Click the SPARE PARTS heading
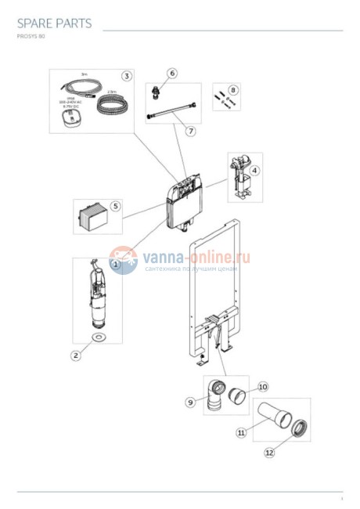tap(53, 23)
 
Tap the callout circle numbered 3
tap(125, 76)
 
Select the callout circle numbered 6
tap(172, 73)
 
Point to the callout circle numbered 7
tap(189, 131)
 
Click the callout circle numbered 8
tap(232, 91)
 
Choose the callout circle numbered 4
tap(254, 170)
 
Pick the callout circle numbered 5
tap(115, 207)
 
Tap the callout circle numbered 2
tap(76, 355)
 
